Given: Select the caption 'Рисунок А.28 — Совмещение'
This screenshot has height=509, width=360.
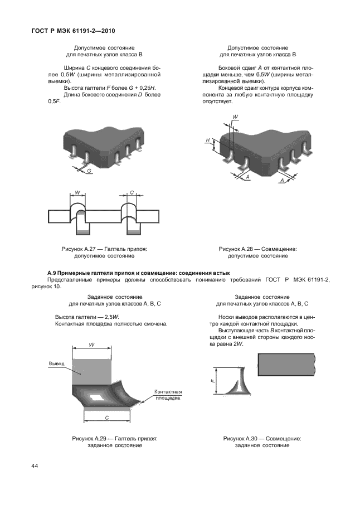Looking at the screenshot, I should (257, 249).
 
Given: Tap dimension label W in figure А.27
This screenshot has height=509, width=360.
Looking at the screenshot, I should (77, 193).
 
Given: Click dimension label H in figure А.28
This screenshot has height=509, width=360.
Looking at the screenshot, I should (207, 140).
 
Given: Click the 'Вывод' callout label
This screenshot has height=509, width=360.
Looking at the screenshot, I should (57, 363).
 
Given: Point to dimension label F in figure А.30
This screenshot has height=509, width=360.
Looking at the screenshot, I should (213, 380).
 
